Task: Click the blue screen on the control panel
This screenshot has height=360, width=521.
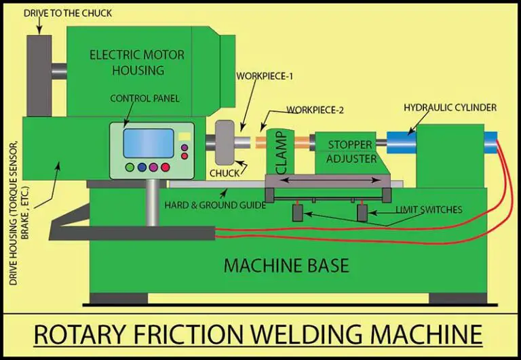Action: pos(147,142)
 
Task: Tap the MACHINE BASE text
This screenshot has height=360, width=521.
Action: pos(286,264)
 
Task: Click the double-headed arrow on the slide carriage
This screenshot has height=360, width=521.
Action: pos(328,180)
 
